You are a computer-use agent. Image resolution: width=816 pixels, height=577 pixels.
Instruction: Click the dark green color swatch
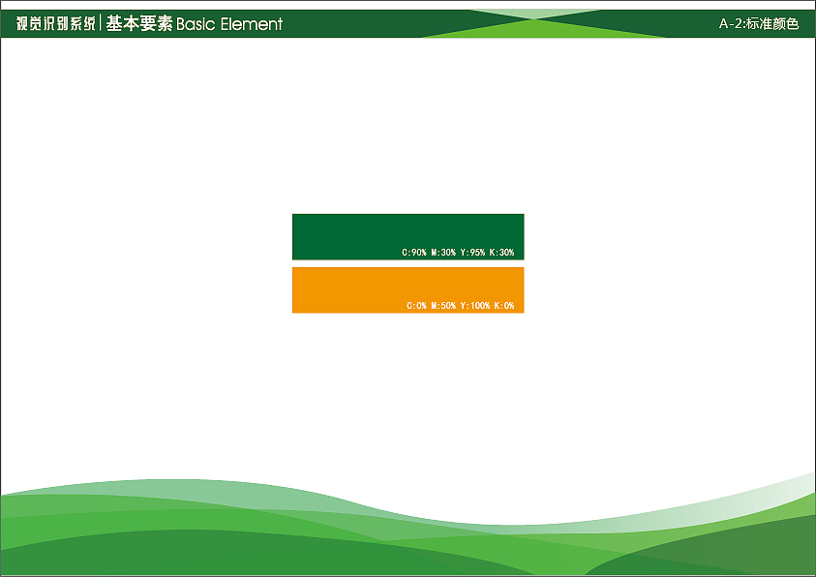[x=408, y=237]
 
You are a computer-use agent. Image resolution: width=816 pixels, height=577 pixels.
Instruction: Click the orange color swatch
[x=408, y=290]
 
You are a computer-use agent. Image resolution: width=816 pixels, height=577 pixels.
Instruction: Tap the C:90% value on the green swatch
[x=414, y=253]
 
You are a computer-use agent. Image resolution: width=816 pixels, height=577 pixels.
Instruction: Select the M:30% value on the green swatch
[x=443, y=253]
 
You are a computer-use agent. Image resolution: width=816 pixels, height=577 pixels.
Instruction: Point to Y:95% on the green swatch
[x=472, y=253]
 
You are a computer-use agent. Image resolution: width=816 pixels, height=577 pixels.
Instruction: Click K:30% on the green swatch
[x=501, y=253]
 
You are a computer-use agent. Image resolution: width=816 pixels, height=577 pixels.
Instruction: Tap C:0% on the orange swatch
[x=416, y=305]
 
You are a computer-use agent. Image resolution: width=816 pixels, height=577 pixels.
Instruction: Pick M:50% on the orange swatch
[x=443, y=305]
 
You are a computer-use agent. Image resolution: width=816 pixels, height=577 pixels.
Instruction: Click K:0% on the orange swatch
[x=504, y=305]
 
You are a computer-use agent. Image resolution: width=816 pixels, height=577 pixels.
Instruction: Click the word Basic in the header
[x=196, y=24]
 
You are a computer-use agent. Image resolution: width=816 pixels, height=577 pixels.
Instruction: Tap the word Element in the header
[x=252, y=24]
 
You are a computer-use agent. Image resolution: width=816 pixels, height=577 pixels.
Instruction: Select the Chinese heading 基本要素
[x=139, y=23]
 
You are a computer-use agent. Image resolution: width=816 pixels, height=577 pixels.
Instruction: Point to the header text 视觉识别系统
[x=56, y=23]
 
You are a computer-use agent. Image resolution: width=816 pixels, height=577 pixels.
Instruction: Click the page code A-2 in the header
[x=731, y=23]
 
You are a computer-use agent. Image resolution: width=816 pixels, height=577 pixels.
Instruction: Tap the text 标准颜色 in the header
[x=772, y=23]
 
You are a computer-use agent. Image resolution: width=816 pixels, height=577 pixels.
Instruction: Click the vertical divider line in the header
[x=101, y=23]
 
